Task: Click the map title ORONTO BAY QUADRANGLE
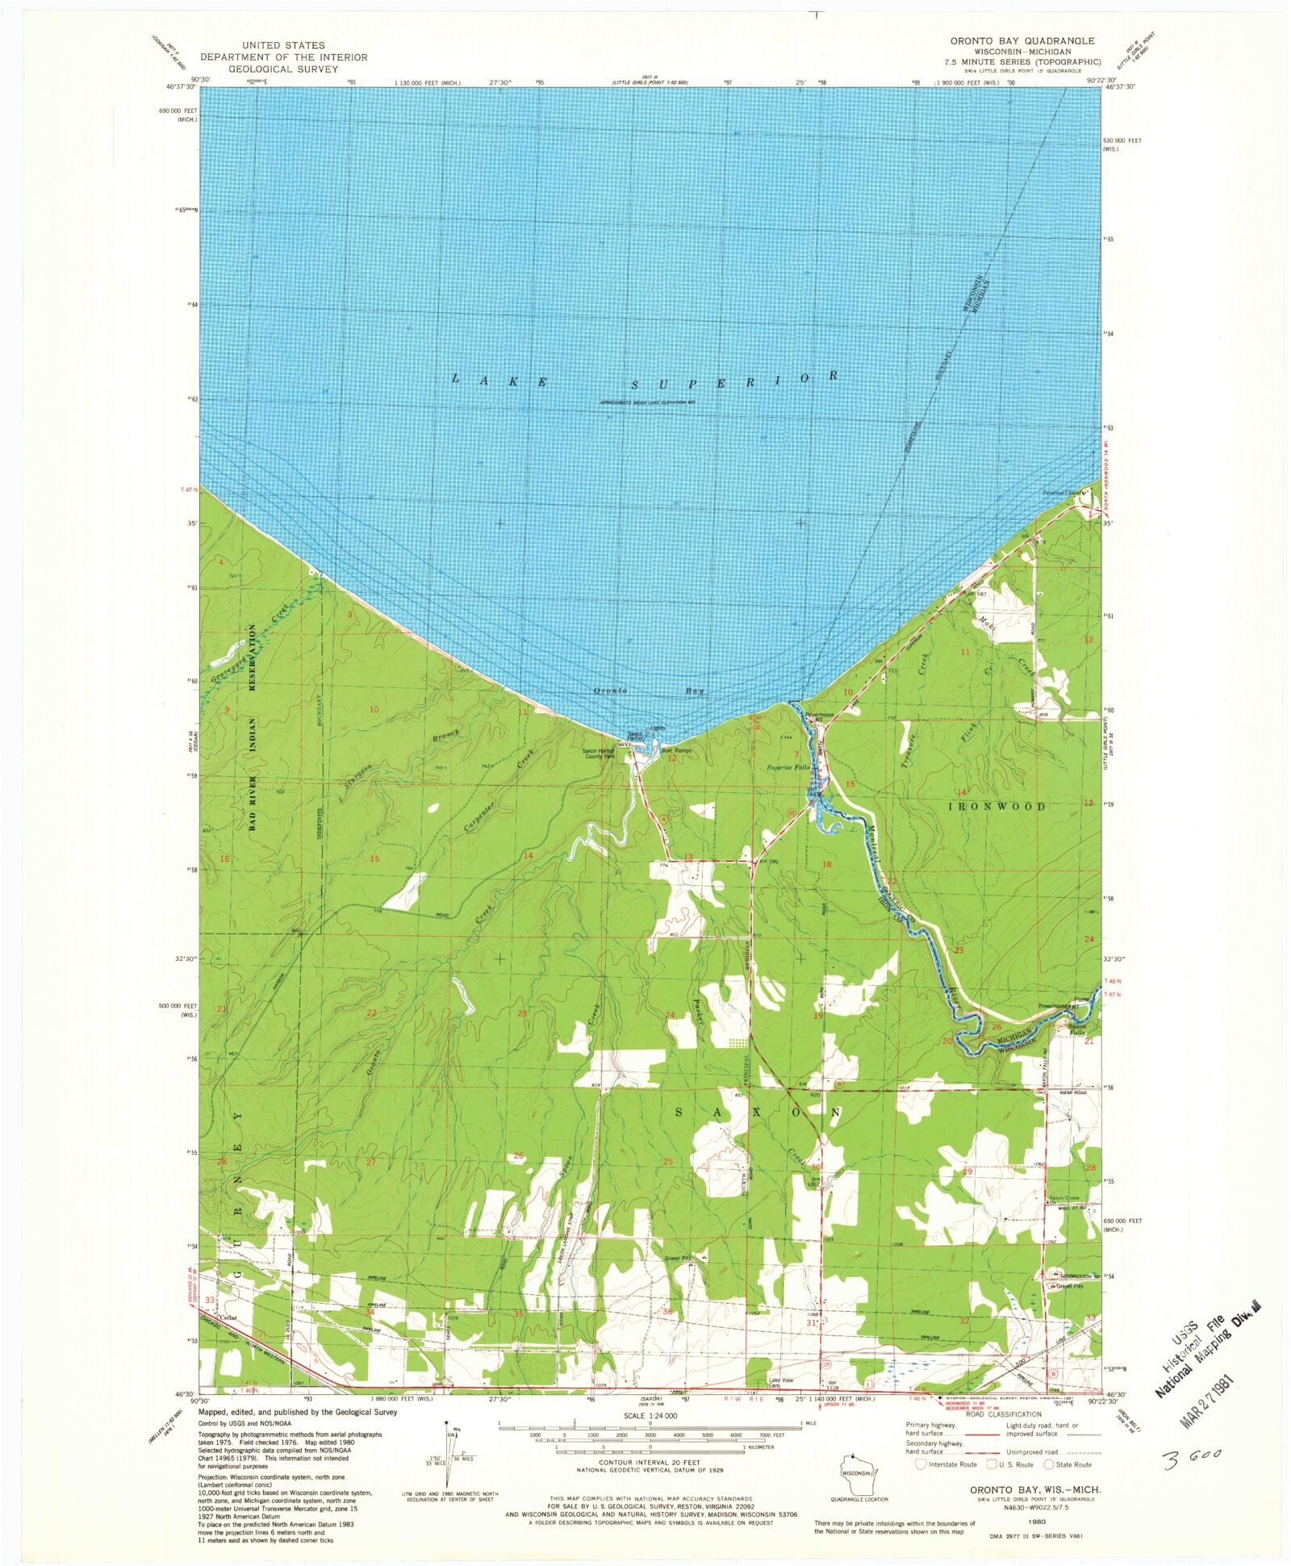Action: [1022, 40]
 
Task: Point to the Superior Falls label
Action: [788, 766]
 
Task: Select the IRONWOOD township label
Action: [996, 806]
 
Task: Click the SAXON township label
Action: [757, 1113]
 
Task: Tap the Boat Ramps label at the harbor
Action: [676, 750]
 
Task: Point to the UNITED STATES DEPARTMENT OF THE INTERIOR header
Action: [283, 57]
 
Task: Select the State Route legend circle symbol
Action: [1050, 1464]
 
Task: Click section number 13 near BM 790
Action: [688, 857]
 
